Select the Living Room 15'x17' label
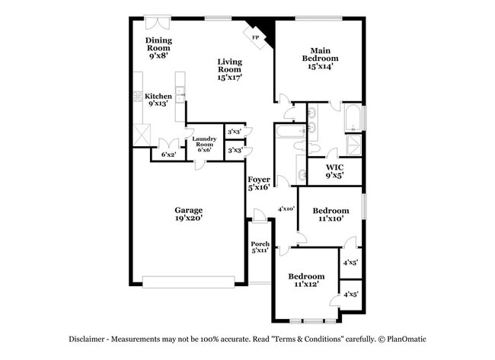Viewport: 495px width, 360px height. [229, 69]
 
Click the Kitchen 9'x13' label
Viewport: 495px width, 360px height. [158, 99]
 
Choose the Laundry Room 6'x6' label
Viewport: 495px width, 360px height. [205, 144]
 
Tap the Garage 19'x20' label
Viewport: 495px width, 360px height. [188, 212]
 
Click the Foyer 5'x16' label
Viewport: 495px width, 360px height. [259, 183]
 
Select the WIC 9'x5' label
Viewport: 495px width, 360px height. [334, 170]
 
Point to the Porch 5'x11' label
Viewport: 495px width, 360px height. [260, 247]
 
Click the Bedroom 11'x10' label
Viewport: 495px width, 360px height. [331, 214]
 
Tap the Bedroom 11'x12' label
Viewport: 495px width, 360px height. [305, 279]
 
